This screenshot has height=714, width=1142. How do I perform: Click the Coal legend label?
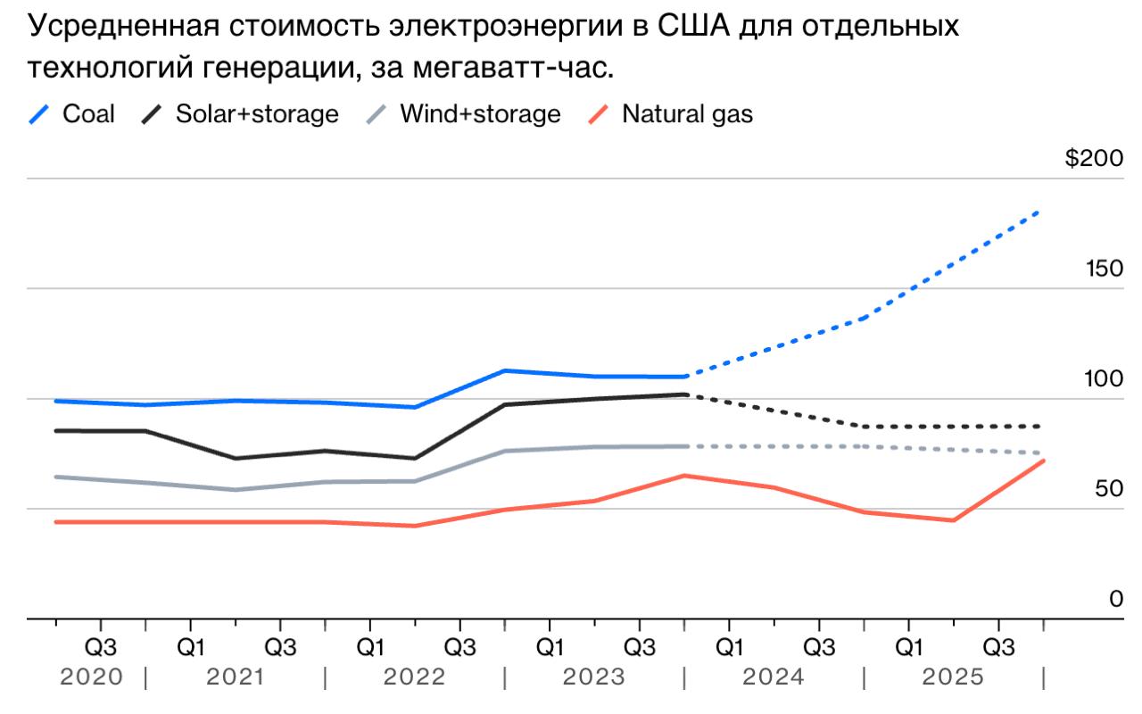[88, 114]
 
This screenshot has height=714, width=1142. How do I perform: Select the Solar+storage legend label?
[257, 114]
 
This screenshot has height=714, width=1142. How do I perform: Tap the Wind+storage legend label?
[480, 114]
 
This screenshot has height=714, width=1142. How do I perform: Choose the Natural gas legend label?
[687, 114]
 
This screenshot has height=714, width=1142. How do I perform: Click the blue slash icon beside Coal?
[39, 114]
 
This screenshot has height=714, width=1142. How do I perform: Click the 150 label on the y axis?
[1104, 270]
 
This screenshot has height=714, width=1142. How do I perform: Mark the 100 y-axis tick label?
[1104, 379]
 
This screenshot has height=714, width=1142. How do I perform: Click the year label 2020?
[91, 677]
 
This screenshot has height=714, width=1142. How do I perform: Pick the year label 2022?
[414, 677]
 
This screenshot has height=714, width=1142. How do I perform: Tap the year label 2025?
[953, 677]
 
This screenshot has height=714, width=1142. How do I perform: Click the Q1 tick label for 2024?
[729, 646]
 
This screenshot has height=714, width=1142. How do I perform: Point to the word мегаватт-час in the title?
[508, 67]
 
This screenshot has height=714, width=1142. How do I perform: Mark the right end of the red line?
[1043, 461]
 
